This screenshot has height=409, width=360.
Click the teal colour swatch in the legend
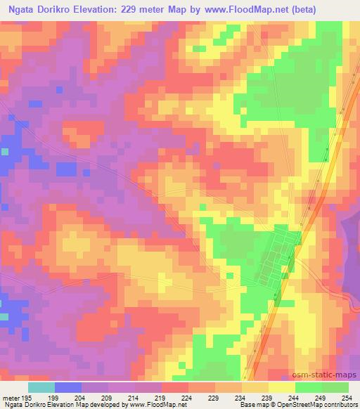[x=41, y=387]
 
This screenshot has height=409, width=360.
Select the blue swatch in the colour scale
[x=67, y=387]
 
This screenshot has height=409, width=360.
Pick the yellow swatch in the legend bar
[x=282, y=387]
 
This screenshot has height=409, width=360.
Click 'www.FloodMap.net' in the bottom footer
[x=150, y=405]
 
